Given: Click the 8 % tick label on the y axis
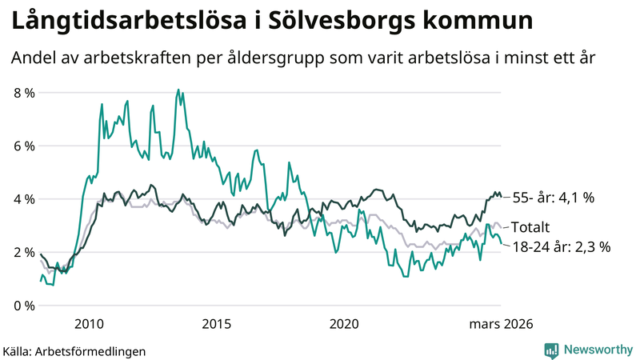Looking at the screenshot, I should pos(24,93).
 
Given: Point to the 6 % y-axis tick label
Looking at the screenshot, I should pos(24,146).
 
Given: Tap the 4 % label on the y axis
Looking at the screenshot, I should pos(24,199).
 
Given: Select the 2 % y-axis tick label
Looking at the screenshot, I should pos(24,253).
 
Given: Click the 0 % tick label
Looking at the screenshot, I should pos(24,306).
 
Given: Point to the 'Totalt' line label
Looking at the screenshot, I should pos(530,227).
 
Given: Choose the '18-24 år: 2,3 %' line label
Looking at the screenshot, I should pos(561,247).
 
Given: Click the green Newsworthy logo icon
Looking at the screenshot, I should pos(551,350).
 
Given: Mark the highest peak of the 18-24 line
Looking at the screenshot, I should pos(178,90).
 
